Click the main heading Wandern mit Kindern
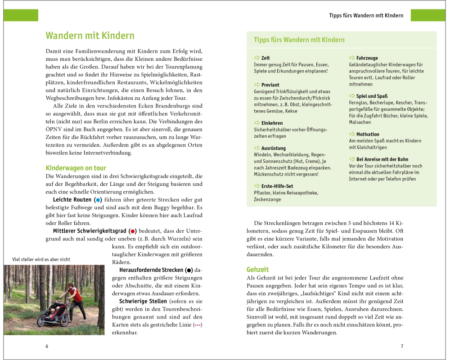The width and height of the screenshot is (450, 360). pyautogui.click(x=90, y=36)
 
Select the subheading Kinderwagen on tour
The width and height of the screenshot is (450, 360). pyautogui.click(x=76, y=168)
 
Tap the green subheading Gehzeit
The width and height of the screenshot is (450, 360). pyautogui.click(x=257, y=270)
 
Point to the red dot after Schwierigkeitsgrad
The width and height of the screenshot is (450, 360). pyautogui.click(x=132, y=230)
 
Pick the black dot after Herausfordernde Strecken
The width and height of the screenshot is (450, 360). pyautogui.click(x=189, y=270)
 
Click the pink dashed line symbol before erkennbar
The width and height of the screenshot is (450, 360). pyautogui.click(x=197, y=325)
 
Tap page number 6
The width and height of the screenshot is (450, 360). pyautogui.click(x=47, y=346)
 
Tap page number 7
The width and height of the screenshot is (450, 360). pyautogui.click(x=402, y=346)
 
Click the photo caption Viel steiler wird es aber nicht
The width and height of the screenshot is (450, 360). pyautogui.click(x=41, y=259)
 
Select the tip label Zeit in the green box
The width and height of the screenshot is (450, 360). pyautogui.click(x=265, y=58)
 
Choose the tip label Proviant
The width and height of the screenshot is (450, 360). pyautogui.click(x=270, y=85)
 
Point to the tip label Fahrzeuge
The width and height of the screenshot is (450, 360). pyautogui.click(x=367, y=58)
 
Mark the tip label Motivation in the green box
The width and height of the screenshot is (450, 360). pyautogui.click(x=368, y=134)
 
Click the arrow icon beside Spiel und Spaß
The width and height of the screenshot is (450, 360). pyautogui.click(x=352, y=96)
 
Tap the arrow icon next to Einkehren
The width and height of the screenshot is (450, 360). pyautogui.click(x=257, y=123)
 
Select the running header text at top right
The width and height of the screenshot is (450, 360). pyautogui.click(x=366, y=15)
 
